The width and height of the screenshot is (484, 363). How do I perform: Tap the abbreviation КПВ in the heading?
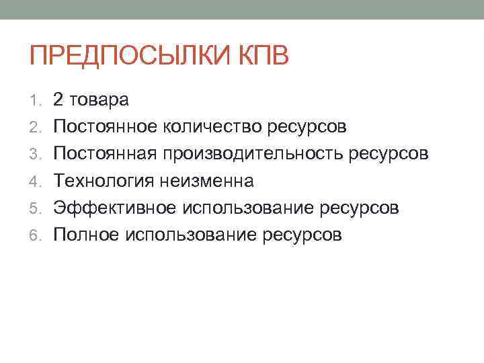[262, 55]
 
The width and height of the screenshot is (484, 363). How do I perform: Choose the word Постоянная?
[104, 154]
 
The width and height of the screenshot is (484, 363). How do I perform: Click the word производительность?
[251, 154]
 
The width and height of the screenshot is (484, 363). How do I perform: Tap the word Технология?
[103, 181]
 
